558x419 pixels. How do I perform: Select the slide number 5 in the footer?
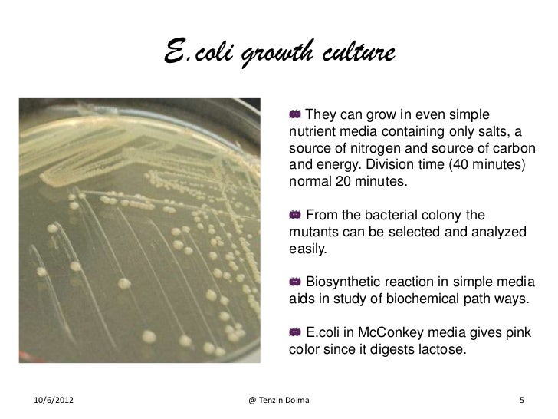pos(522,401)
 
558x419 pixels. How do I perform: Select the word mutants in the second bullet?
pos(312,232)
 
